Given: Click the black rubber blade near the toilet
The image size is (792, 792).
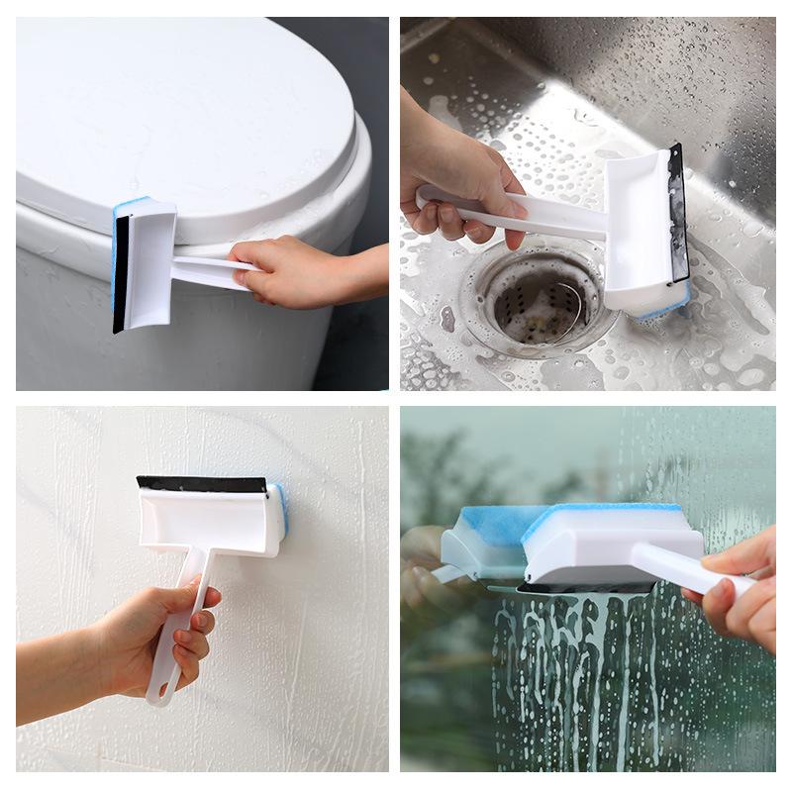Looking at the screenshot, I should pyautogui.click(x=121, y=272).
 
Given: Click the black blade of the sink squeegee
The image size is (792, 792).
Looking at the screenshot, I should pyautogui.click(x=678, y=213).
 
